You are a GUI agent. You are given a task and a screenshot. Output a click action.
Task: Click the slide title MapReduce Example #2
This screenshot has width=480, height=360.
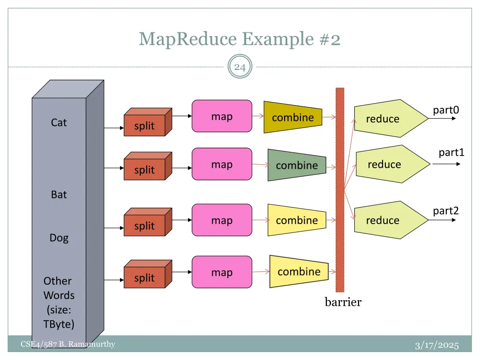click(240, 39)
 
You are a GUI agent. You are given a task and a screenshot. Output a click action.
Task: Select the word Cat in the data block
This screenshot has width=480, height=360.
click(59, 122)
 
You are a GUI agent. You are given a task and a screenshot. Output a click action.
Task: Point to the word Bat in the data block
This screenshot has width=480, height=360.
click(59, 195)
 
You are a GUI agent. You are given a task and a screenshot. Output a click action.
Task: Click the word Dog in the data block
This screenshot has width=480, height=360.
click(59, 238)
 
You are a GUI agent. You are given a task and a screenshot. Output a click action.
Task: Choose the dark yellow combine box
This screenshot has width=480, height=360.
click(293, 117)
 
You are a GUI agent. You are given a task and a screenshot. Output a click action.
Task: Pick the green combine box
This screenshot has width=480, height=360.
click(297, 165)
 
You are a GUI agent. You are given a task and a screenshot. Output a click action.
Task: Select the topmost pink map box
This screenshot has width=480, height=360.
click(222, 116)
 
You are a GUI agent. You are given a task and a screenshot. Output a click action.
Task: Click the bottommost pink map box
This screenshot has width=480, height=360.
click(222, 272)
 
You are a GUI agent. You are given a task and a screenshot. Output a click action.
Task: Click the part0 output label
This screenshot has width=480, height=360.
click(445, 110)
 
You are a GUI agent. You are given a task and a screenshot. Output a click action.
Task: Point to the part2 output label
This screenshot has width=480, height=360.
click(445, 211)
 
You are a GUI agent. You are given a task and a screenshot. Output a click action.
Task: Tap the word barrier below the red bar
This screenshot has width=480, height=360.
click(343, 302)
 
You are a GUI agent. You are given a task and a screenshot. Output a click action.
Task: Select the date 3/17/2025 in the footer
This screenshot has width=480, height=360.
click(436, 346)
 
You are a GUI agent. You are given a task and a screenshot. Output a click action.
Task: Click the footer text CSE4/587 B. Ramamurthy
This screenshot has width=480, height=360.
click(68, 345)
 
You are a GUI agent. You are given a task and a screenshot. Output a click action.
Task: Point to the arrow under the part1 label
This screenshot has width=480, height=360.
click(450, 164)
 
